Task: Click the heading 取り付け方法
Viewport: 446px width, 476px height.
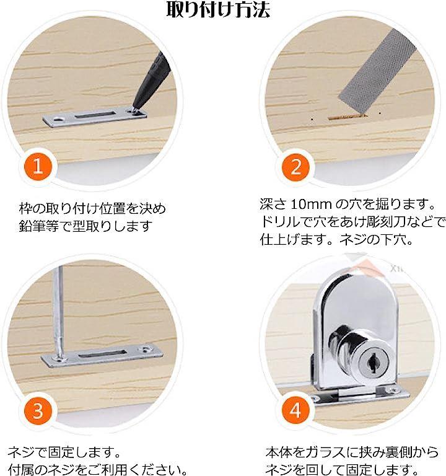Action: click(218, 9)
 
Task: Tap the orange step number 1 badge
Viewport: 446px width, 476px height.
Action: click(38, 167)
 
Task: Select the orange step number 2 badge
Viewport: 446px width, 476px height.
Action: click(295, 167)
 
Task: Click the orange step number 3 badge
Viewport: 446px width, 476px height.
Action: click(38, 411)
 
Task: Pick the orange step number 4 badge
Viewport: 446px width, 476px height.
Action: click(295, 411)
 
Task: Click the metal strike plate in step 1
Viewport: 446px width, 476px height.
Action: click(94, 117)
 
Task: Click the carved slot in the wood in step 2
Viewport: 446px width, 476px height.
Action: click(348, 117)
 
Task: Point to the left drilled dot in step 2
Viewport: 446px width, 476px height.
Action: click(312, 119)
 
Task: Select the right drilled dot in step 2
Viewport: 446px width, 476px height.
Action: click(380, 113)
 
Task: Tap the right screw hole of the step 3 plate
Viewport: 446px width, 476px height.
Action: click(146, 350)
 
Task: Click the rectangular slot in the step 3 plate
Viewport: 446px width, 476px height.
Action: click(102, 353)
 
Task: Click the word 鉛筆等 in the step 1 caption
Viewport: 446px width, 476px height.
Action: click(38, 226)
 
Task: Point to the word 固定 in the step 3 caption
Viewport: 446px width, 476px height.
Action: click(61, 452)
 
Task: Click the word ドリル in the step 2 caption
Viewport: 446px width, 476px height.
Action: click(280, 223)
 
